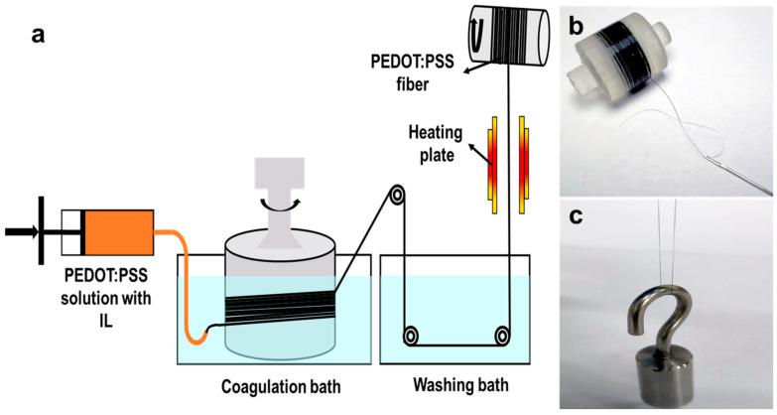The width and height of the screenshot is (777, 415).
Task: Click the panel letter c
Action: coord(577,219)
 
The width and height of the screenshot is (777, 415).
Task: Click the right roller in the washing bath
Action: coord(504,337)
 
